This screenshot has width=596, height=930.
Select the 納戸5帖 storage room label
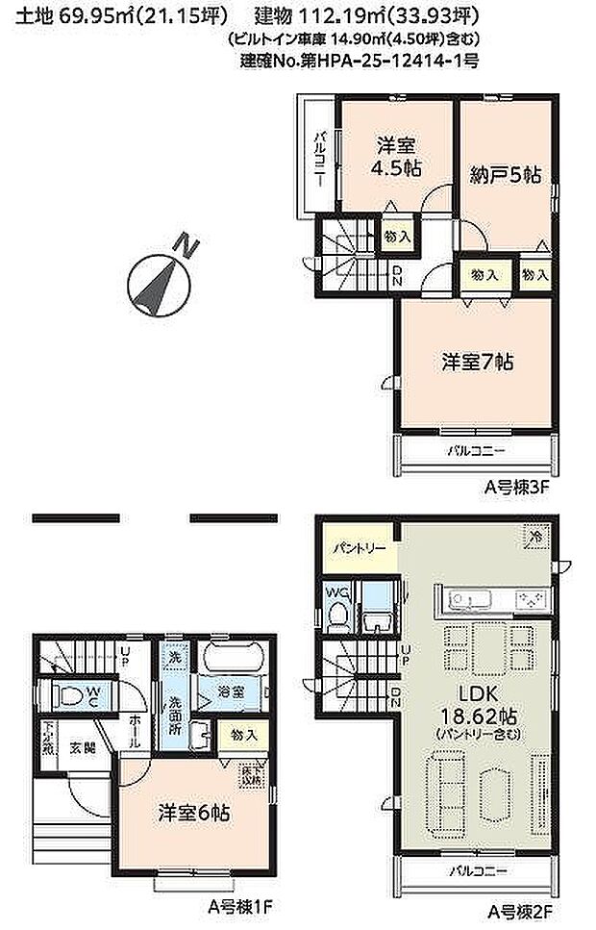[506, 175]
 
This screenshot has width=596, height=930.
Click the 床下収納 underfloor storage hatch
[251, 772]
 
